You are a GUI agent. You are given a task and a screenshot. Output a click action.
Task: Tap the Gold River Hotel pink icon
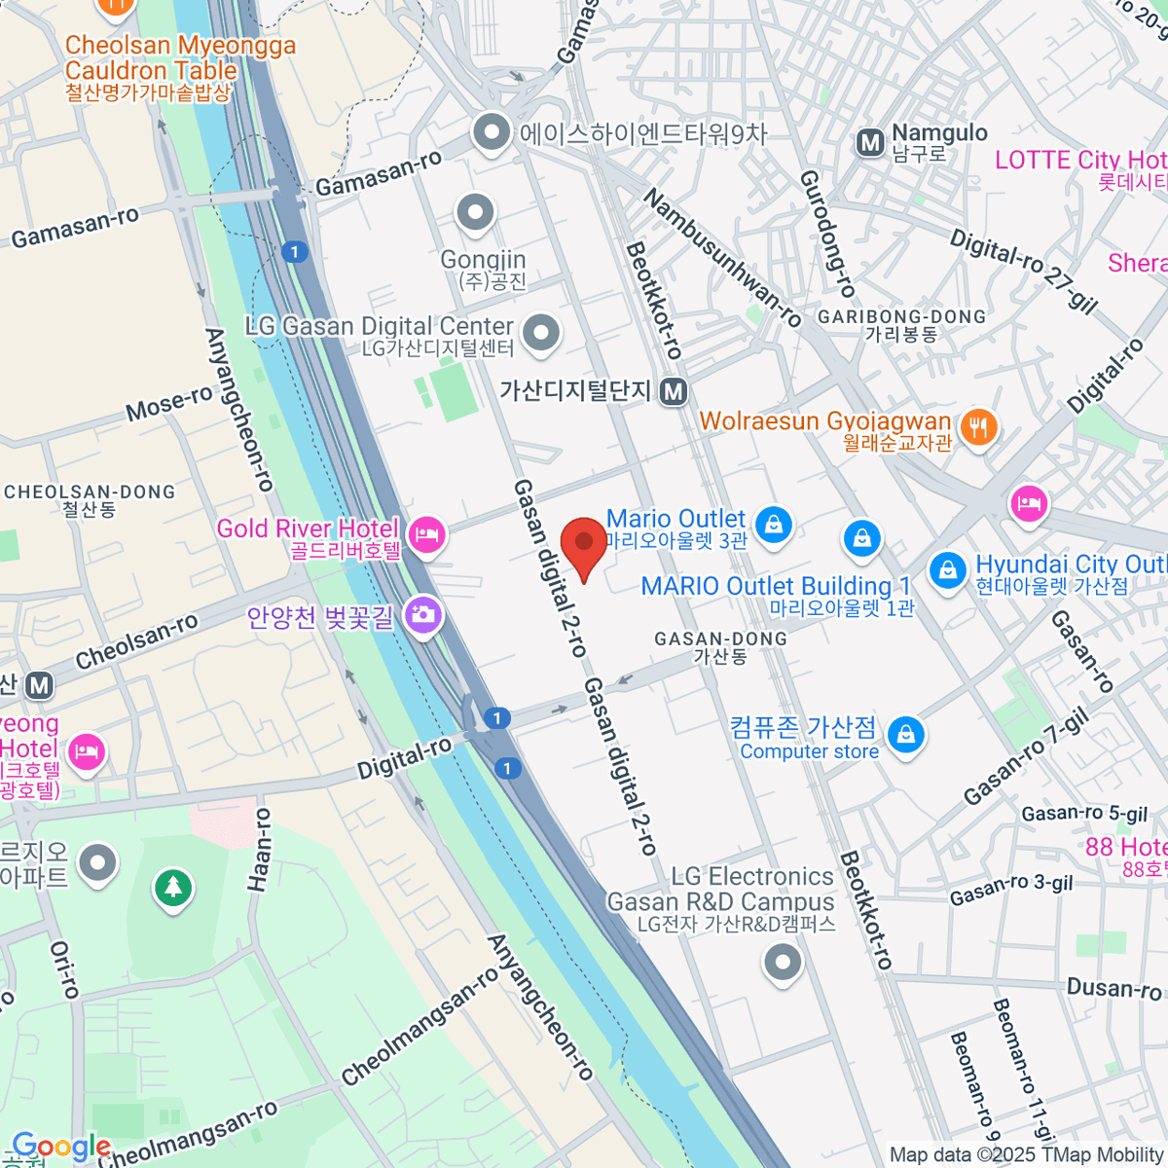426,533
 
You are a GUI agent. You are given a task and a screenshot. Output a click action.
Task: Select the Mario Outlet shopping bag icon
774,524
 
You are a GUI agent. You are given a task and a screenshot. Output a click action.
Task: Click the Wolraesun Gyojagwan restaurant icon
978,426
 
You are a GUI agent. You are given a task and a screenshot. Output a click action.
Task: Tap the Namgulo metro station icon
869,144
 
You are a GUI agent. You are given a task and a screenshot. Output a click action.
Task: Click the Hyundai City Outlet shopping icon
947,570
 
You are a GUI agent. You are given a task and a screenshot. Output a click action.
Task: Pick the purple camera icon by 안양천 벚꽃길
423,614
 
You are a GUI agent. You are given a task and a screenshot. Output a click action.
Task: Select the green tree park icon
173,887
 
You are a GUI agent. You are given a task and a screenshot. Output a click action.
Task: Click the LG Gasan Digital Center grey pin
541,333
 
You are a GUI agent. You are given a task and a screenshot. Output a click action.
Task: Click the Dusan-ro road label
1113,989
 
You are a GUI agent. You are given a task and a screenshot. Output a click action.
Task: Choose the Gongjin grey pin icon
476,212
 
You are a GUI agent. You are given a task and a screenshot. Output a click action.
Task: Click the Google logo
60,1147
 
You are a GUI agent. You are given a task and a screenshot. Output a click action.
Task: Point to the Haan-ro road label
260,849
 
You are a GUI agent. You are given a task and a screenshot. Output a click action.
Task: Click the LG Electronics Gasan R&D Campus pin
783,964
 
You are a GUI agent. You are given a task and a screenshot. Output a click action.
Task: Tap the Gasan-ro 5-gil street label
1084,814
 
